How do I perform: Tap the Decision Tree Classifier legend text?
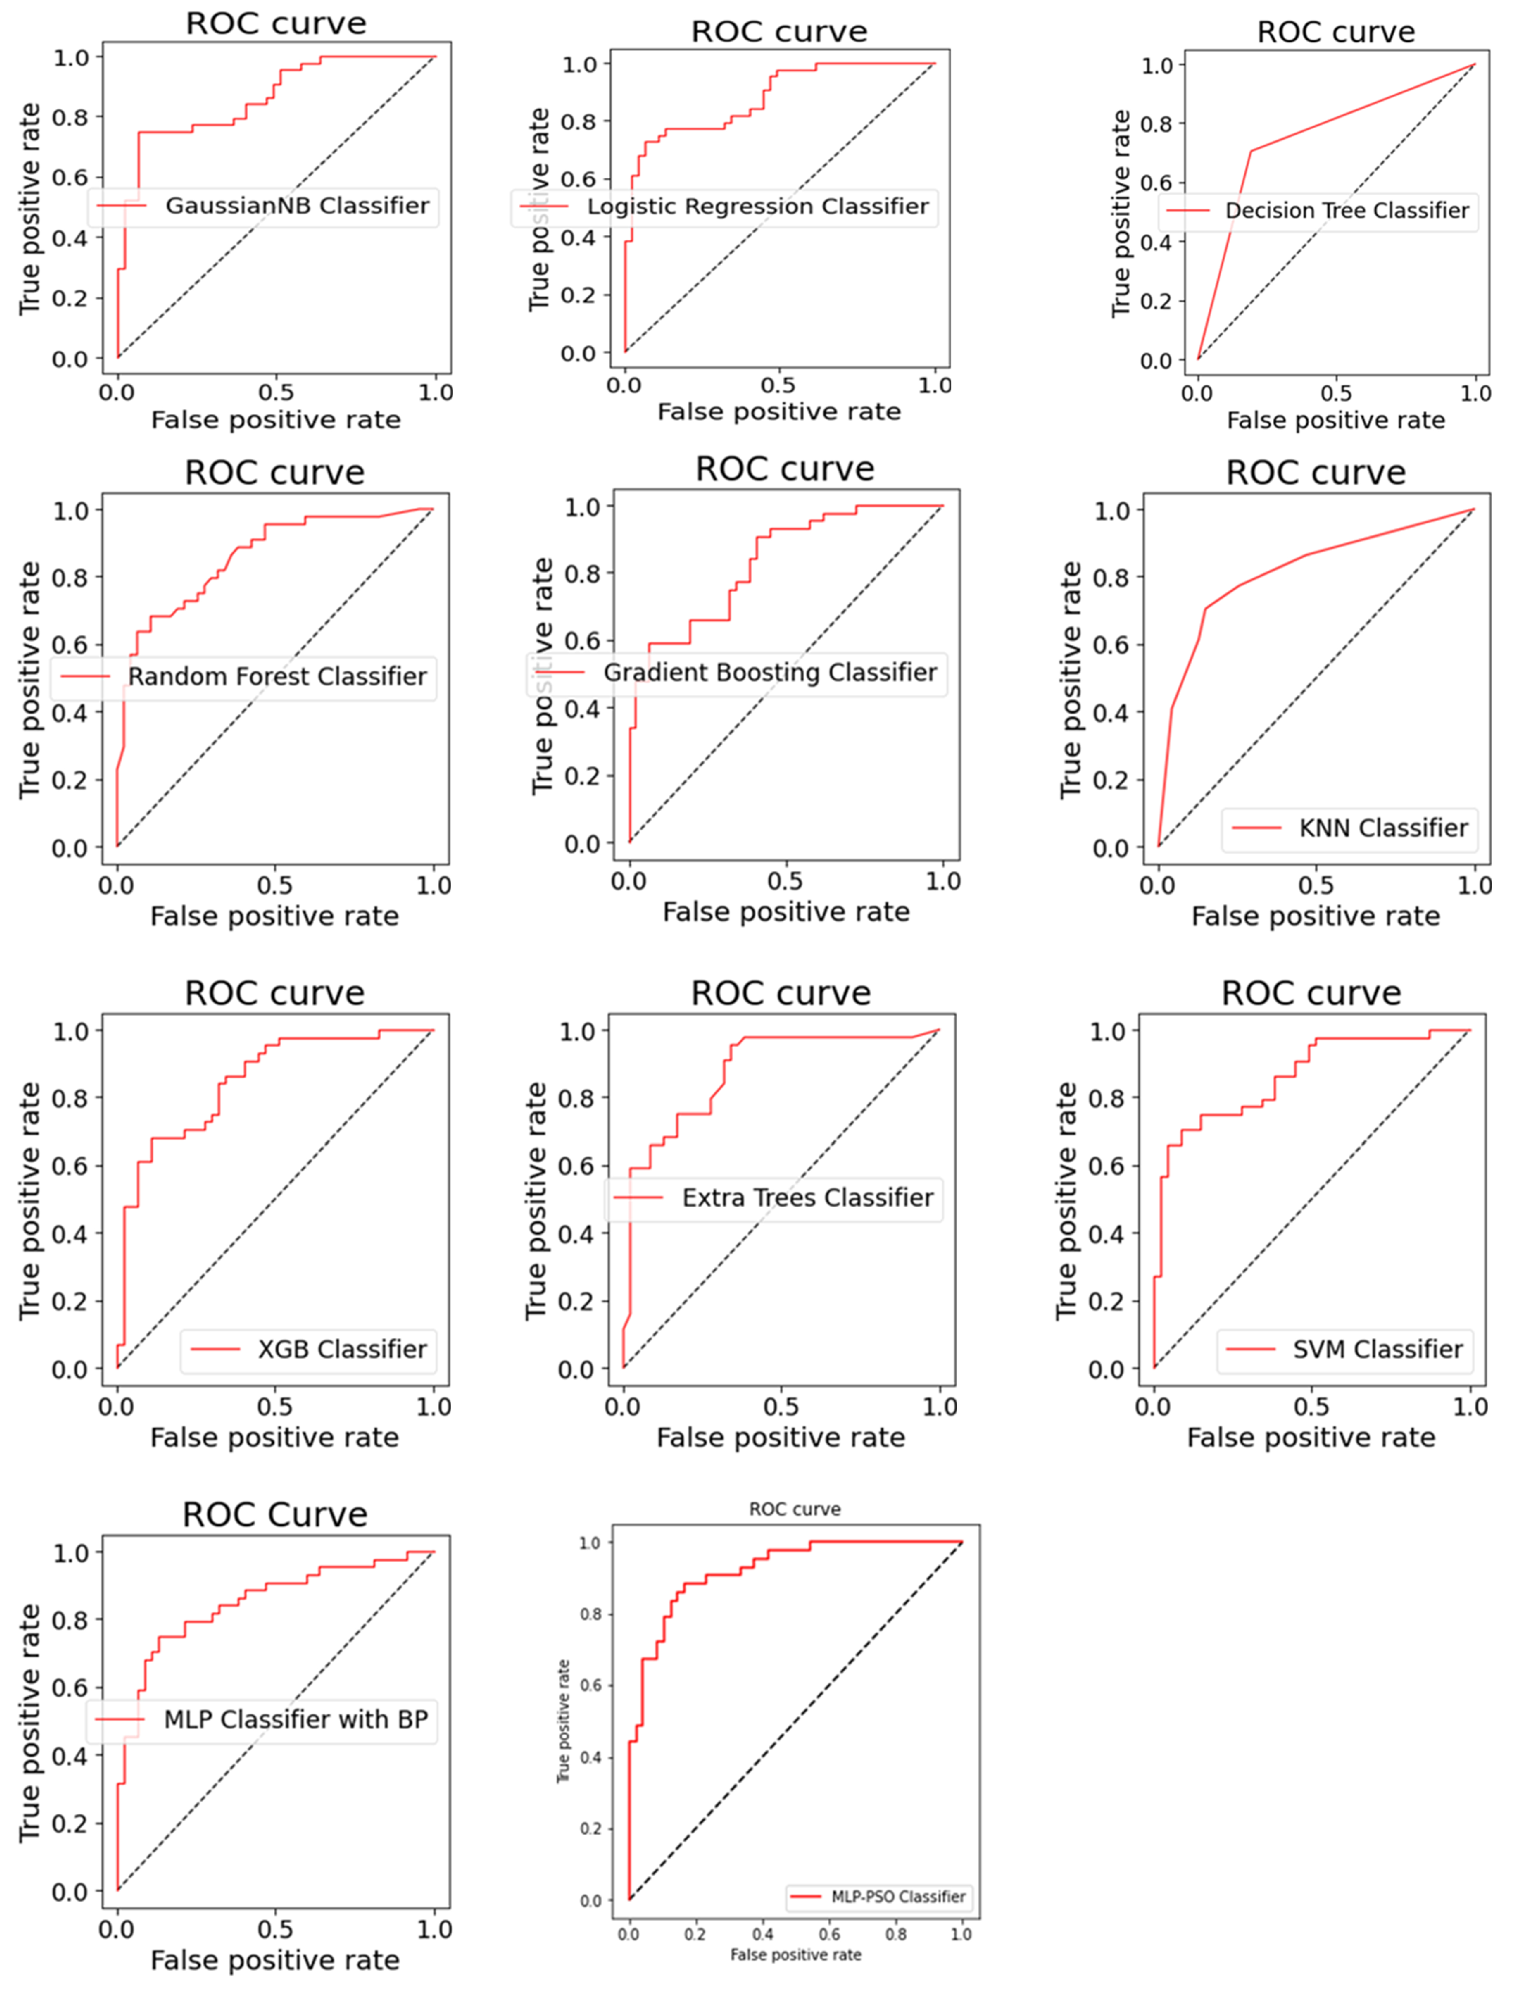[1346, 211]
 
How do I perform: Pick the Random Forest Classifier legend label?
[277, 677]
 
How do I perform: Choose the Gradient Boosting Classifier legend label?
[770, 673]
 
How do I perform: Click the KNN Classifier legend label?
[1382, 828]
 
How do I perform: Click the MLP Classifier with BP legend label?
[296, 1720]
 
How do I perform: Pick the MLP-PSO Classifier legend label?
[898, 1896]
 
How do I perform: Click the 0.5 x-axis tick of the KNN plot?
[1316, 886]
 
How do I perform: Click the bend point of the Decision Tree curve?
[1251, 150]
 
